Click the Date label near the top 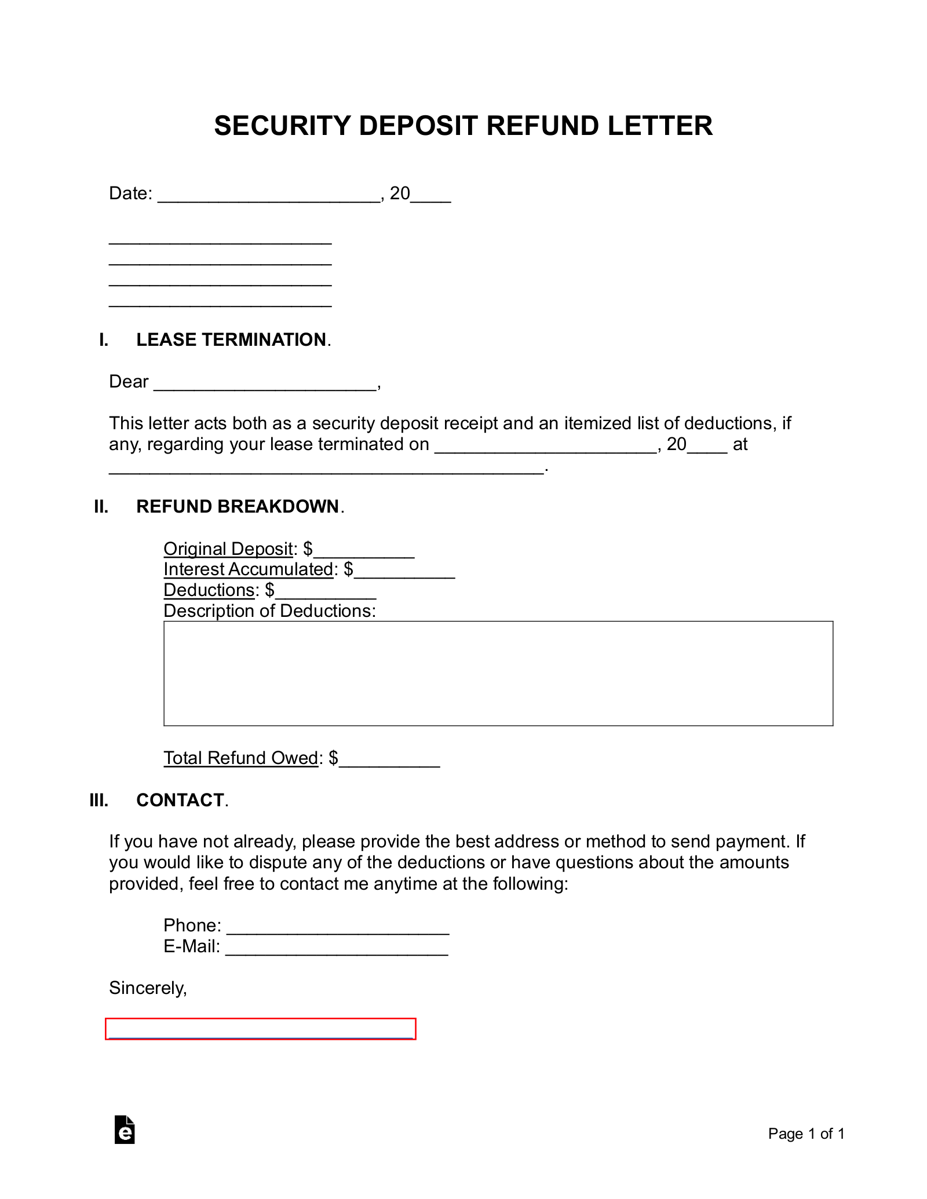point(130,193)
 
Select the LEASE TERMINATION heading point(231,340)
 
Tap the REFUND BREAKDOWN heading point(238,507)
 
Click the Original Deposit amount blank point(364,550)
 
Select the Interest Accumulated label point(249,570)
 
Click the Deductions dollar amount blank point(326,591)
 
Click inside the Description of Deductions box point(498,673)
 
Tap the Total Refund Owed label point(241,758)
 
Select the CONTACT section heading point(180,800)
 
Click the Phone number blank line point(338,926)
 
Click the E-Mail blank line point(337,947)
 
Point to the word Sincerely point(148,988)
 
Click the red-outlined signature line point(260,1029)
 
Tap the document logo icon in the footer point(125,1130)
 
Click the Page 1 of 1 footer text point(806,1134)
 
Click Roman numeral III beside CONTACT point(99,800)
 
